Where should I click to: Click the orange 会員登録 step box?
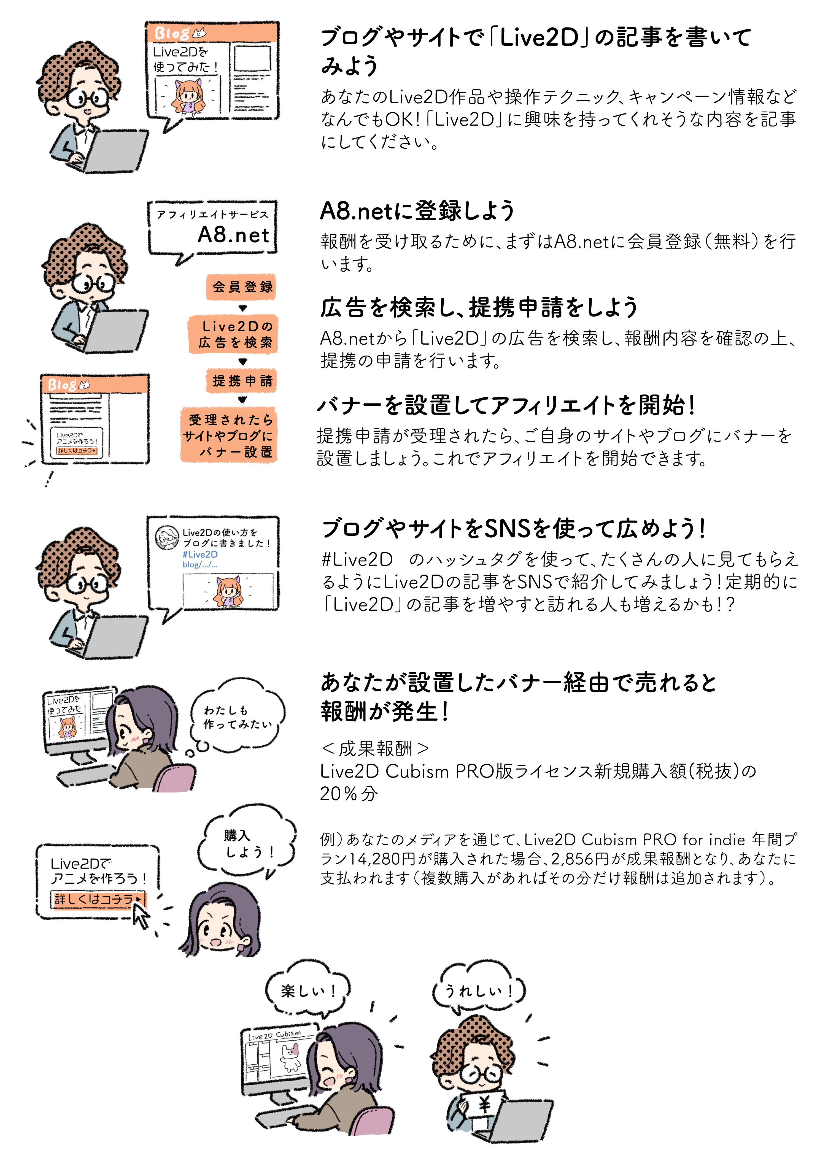(x=242, y=287)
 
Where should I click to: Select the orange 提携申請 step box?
(x=242, y=381)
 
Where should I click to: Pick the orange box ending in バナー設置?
(x=229, y=435)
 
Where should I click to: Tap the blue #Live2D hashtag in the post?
(x=201, y=554)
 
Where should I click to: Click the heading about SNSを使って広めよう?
(x=514, y=529)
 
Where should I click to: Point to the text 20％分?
(x=348, y=794)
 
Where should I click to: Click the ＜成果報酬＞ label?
(x=375, y=748)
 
